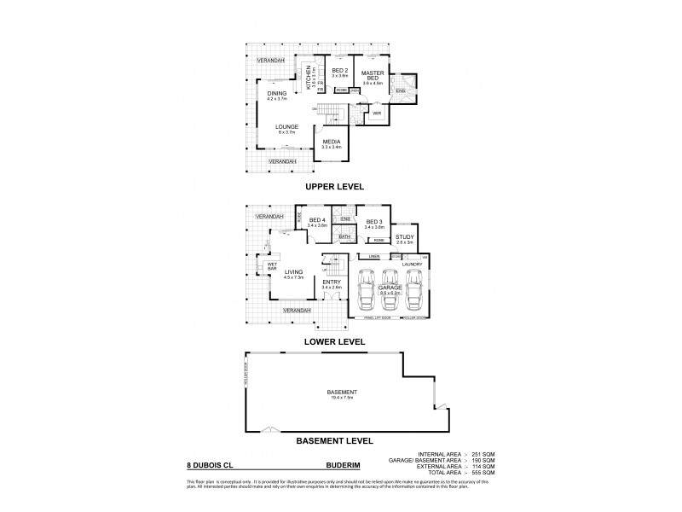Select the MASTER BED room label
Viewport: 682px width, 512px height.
[371, 74]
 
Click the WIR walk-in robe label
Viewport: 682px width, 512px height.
[376, 112]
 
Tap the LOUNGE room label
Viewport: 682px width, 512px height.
[286, 127]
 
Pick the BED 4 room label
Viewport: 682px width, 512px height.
[317, 220]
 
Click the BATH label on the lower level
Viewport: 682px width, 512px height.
[344, 236]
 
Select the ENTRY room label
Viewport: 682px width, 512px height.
[332, 282]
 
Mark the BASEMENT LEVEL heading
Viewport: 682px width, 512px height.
[334, 442]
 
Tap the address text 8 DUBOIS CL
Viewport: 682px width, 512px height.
[208, 467]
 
